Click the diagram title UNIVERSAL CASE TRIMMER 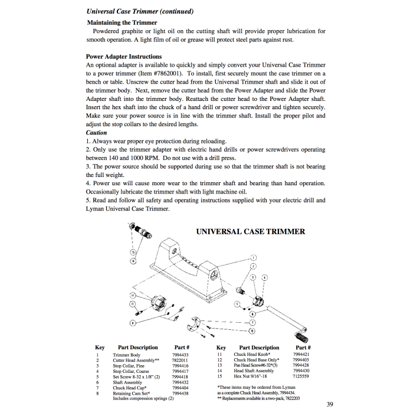tap(251, 231)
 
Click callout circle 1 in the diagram tap(254, 258)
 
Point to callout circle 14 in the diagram tap(133, 261)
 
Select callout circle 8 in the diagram tap(253, 332)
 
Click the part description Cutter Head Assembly tap(134, 360)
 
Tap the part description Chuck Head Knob tap(253, 355)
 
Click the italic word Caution tap(96, 133)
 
